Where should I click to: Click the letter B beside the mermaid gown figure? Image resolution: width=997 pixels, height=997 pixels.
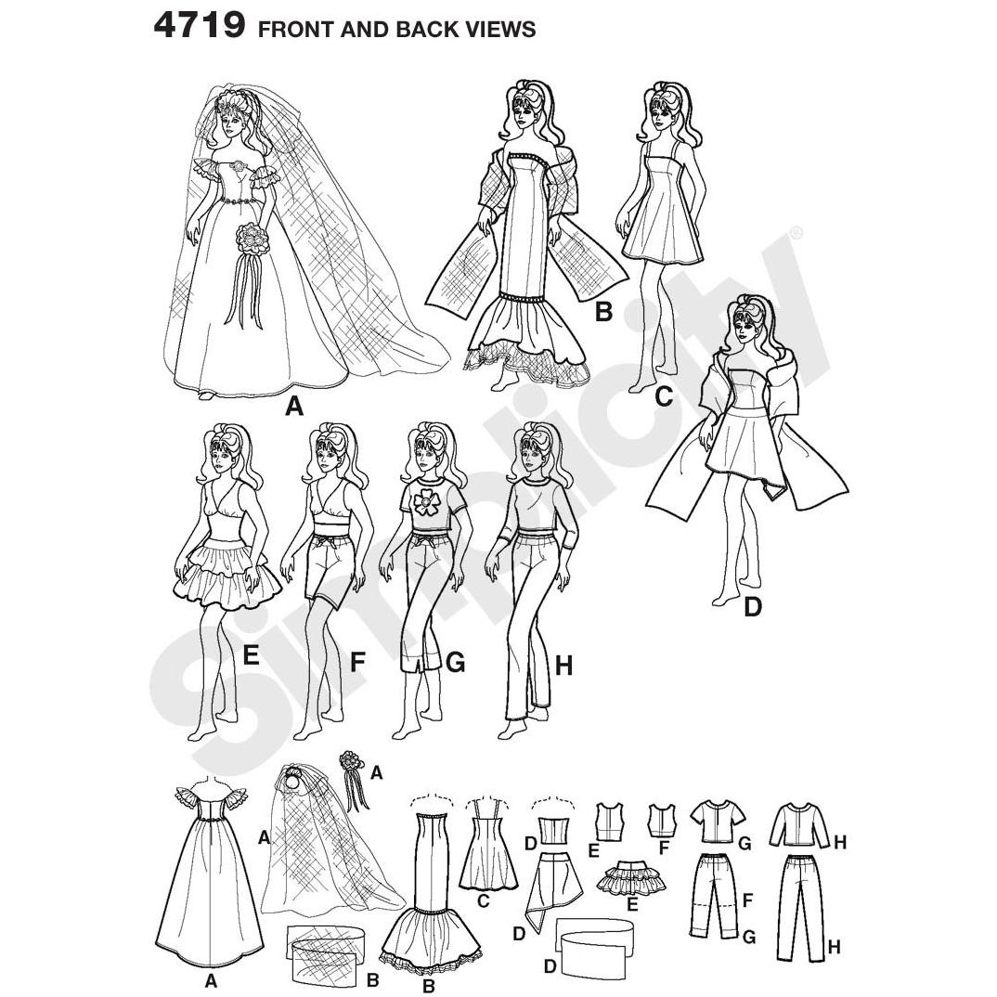pos(602,312)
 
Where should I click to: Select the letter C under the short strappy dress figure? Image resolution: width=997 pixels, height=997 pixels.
pos(663,396)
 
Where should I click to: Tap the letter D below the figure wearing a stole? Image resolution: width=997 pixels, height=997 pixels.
pos(752,607)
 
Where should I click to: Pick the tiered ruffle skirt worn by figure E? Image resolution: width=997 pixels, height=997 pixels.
pos(229,573)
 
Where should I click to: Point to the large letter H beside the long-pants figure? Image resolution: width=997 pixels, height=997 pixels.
pos(564,666)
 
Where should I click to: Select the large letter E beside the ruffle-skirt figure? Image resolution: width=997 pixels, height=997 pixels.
pos(252,654)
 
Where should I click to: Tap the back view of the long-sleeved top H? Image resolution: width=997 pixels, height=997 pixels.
pos(802,826)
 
